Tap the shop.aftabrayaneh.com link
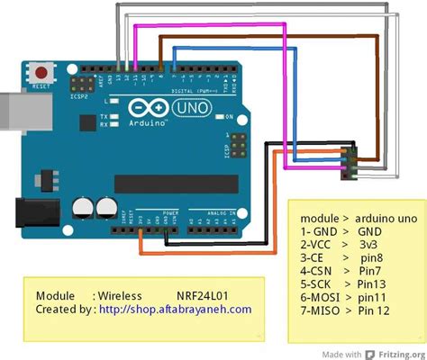click(x=175, y=309)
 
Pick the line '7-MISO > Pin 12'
click(x=346, y=311)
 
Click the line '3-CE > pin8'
click(x=341, y=257)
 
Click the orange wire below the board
click(x=207, y=255)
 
